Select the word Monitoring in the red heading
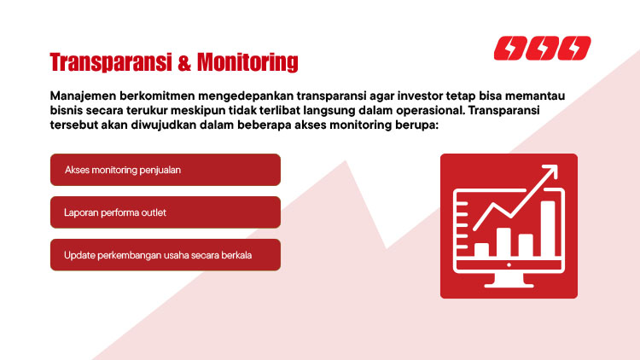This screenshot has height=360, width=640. pyautogui.click(x=247, y=63)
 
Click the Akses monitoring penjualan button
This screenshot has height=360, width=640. pyautogui.click(x=166, y=170)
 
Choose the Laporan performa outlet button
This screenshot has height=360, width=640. pyautogui.click(x=166, y=212)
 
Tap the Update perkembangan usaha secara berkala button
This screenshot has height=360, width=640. pyautogui.click(x=166, y=255)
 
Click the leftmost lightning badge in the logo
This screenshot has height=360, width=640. pyautogui.click(x=511, y=49)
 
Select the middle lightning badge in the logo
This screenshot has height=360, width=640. pyautogui.click(x=543, y=49)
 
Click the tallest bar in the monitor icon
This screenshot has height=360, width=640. pyautogui.click(x=548, y=228)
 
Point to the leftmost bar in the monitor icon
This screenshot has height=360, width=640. pyautogui.click(x=482, y=249)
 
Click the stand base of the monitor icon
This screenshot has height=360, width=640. pyautogui.click(x=509, y=285)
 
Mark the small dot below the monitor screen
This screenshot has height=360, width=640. pyautogui.click(x=509, y=265)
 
